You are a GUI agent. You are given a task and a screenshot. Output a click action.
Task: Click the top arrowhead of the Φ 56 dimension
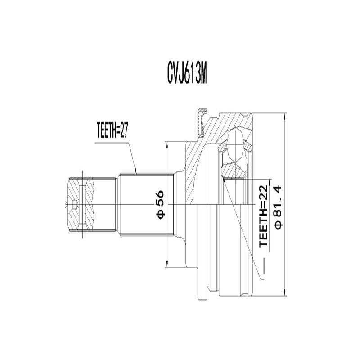(x=167, y=144)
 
